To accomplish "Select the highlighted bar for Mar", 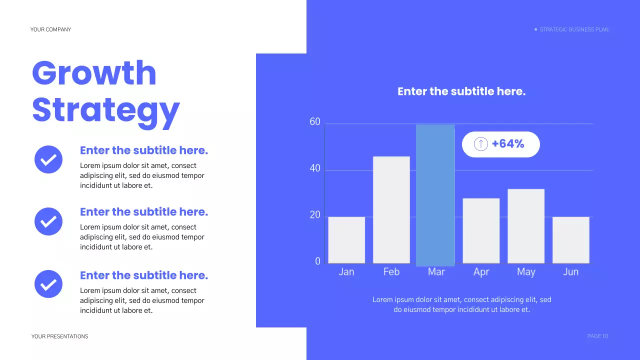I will [435, 195].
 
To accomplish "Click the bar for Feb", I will [391, 210].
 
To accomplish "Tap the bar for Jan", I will [346, 240].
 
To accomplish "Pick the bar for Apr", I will [481, 230].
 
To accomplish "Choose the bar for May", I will [526, 226].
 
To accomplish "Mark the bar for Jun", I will [570, 240].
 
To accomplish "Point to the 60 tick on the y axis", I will [315, 122].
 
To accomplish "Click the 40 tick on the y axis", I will [315, 168].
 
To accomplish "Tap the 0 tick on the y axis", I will [317, 261].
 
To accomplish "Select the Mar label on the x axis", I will [436, 272].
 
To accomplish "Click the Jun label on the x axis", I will [570, 272].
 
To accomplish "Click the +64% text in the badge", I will [508, 144].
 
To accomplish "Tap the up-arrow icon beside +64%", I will [480, 144].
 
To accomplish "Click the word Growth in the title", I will [94, 73].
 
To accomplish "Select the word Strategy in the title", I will [105, 110].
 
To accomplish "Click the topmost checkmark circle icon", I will [48, 159].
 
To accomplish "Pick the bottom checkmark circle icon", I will [48, 284].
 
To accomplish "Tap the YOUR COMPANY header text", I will [50, 29].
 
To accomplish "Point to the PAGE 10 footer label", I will [597, 336].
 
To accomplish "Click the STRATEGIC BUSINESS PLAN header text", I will [574, 29].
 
